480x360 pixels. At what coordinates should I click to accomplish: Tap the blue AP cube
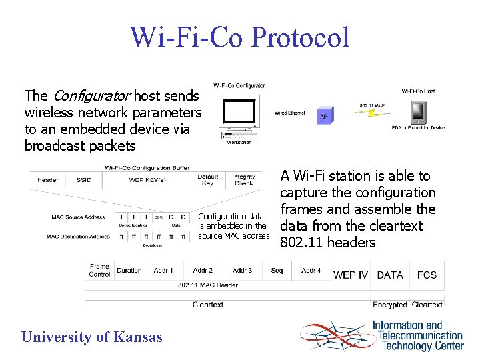point(323,115)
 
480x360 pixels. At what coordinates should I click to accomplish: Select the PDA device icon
point(419,112)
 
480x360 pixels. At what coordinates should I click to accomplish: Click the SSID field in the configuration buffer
point(84,180)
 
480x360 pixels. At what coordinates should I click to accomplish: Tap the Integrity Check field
point(243,180)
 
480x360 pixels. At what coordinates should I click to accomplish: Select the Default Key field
point(207,180)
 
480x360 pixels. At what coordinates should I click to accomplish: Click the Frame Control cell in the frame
point(99,270)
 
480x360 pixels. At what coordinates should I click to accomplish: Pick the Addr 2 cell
point(203,271)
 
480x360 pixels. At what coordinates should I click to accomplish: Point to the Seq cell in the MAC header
point(277,271)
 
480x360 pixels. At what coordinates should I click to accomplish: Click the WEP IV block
point(350,275)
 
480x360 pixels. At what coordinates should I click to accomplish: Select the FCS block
point(427,275)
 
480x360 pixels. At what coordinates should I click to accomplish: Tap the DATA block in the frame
point(390,275)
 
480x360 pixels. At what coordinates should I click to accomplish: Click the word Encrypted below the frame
point(390,305)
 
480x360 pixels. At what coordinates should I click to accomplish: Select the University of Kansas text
point(91,337)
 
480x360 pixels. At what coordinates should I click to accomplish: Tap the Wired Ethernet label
point(290,113)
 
